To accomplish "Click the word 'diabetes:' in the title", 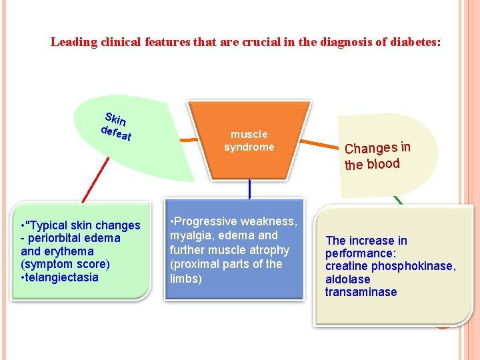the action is (415, 42).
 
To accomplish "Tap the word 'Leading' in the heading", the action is (73, 42).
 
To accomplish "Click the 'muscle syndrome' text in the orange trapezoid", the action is (249, 141).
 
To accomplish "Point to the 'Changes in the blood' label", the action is (377, 156).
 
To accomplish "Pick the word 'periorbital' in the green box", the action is (63, 238).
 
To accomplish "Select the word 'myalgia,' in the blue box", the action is (191, 235).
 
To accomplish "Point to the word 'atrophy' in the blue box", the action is (269, 250).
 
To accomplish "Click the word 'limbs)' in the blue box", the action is (186, 279).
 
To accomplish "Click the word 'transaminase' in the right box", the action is (361, 292).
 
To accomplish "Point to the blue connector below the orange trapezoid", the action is (249, 189).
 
